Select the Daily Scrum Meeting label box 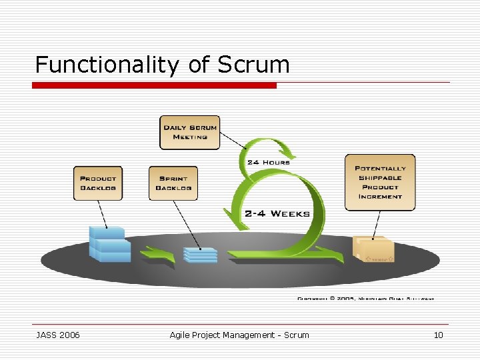(190, 132)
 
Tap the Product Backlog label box (98, 183)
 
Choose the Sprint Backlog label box (173, 183)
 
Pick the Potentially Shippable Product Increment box (379, 182)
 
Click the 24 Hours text (268, 162)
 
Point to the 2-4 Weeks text (277, 213)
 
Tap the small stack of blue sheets (200, 255)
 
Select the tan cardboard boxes (373, 250)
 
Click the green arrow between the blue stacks (157, 254)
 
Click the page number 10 (438, 335)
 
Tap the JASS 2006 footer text (58, 335)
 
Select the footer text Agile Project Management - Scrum (239, 335)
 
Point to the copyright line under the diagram (365, 298)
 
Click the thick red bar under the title (155, 85)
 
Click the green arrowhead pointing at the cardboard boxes (333, 253)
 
